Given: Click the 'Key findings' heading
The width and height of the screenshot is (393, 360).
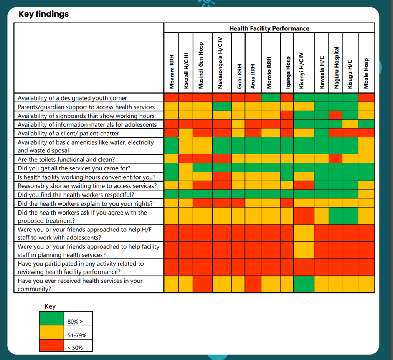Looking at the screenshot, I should click(x=44, y=15).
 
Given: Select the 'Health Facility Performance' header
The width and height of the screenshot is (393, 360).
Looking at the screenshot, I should click(x=269, y=28).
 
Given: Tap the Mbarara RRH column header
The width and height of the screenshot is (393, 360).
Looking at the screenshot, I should click(x=172, y=71).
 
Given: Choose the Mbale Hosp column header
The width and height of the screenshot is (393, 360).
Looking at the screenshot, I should click(x=367, y=73).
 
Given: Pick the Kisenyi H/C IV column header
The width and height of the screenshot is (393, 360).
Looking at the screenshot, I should click(x=301, y=69).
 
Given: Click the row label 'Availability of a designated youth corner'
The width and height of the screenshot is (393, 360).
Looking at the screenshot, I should click(x=72, y=98).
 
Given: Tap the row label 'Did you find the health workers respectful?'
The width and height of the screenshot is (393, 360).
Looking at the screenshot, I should click(x=76, y=195).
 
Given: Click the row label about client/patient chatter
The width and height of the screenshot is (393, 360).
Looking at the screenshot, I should click(x=68, y=134).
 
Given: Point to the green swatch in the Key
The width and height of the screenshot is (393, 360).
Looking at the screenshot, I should click(x=51, y=318).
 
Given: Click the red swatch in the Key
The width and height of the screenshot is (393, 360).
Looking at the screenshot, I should click(x=51, y=344).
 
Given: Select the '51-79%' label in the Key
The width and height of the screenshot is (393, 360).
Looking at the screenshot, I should click(x=77, y=335).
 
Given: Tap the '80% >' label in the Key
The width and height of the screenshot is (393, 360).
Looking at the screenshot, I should click(x=75, y=322).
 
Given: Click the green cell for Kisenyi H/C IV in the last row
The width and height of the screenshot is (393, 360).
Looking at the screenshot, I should click(x=304, y=284).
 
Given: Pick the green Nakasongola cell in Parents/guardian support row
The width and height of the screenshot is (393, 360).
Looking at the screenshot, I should click(x=222, y=107).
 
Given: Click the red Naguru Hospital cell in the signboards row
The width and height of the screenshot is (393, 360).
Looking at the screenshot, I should click(x=335, y=116).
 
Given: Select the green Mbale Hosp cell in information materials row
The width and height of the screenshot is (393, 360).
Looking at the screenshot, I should click(x=366, y=124).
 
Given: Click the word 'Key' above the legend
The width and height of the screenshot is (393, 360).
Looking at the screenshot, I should click(x=50, y=306).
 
